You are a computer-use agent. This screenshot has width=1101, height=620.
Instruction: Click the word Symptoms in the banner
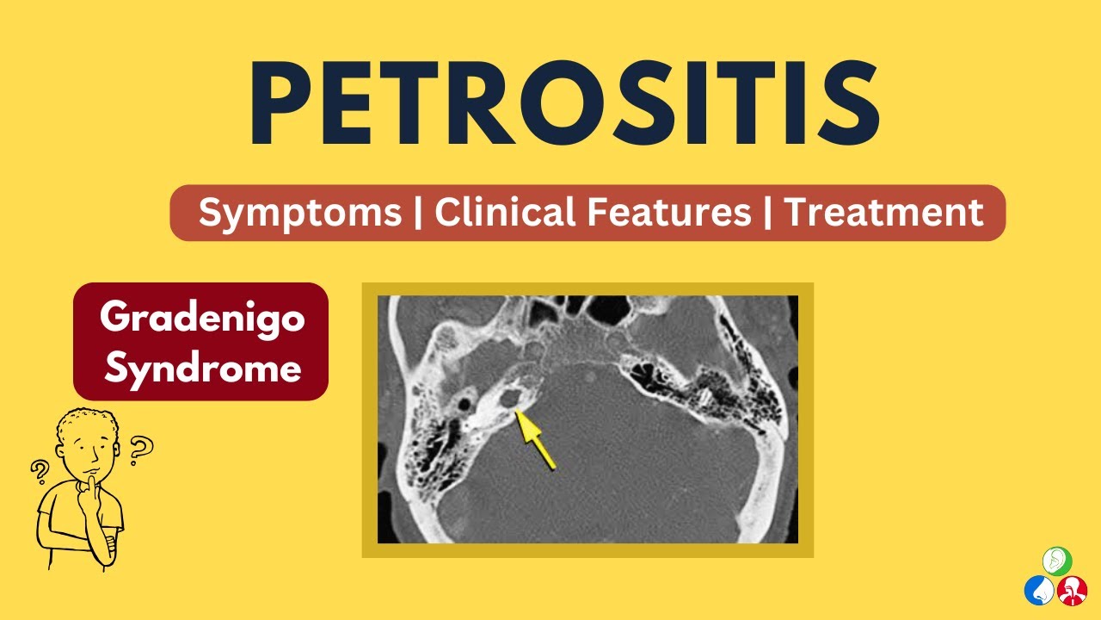pyautogui.click(x=300, y=213)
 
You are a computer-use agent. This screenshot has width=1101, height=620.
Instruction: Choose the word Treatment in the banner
pyautogui.click(x=884, y=212)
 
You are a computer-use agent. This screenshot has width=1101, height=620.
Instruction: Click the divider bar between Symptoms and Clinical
pyautogui.click(x=418, y=213)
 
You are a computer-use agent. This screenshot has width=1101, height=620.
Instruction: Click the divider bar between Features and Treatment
pyautogui.click(x=766, y=213)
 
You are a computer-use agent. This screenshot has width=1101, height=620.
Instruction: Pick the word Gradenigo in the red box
pyautogui.click(x=202, y=319)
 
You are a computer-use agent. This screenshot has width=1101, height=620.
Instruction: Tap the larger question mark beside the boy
pyautogui.click(x=140, y=447)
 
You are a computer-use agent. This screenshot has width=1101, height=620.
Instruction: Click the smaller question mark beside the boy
pyautogui.click(x=39, y=470)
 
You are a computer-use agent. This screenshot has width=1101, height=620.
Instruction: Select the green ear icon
pyautogui.click(x=1057, y=560)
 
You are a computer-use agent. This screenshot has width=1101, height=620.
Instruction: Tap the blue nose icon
pyautogui.click(x=1039, y=591)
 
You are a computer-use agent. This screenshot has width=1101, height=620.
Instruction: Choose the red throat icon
pyautogui.click(x=1073, y=591)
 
